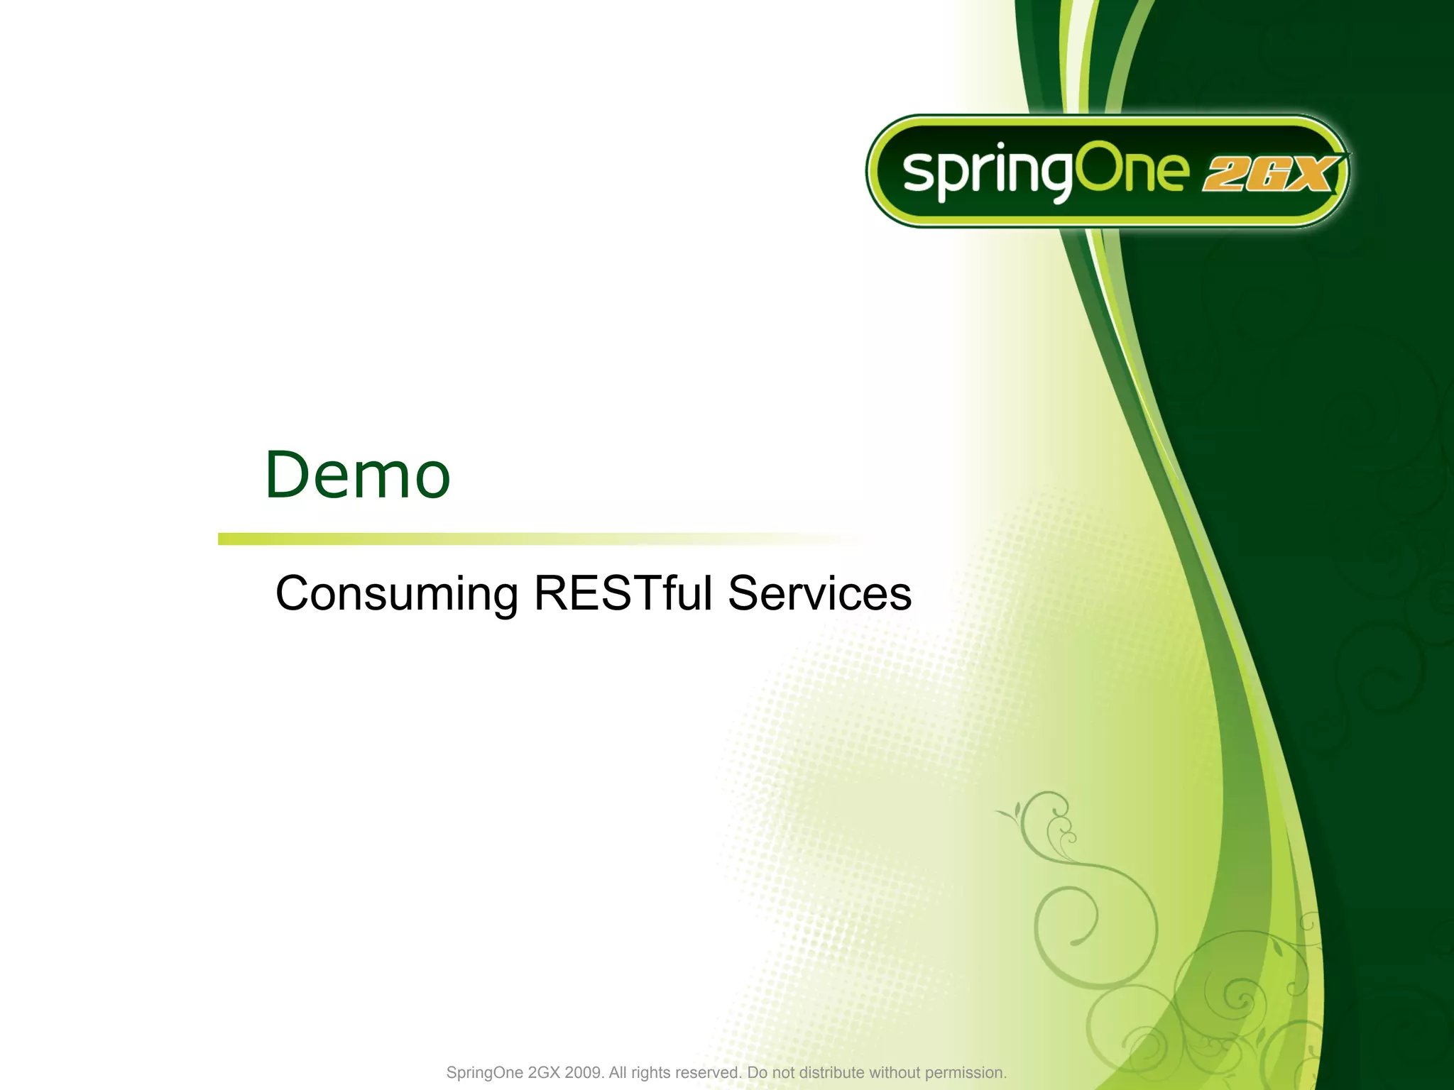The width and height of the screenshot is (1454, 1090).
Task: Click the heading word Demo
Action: pos(357,475)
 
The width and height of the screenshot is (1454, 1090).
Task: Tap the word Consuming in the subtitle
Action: pos(396,595)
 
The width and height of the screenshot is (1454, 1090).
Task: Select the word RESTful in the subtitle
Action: pos(623,593)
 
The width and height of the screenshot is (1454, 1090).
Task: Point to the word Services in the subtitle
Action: pos(819,593)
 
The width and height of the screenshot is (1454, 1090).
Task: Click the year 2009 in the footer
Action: pos(583,1072)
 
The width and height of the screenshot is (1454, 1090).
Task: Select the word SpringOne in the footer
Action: pos(484,1072)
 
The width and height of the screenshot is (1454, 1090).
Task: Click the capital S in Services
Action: pos(745,593)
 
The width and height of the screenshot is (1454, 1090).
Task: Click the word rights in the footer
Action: pos(650,1072)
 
